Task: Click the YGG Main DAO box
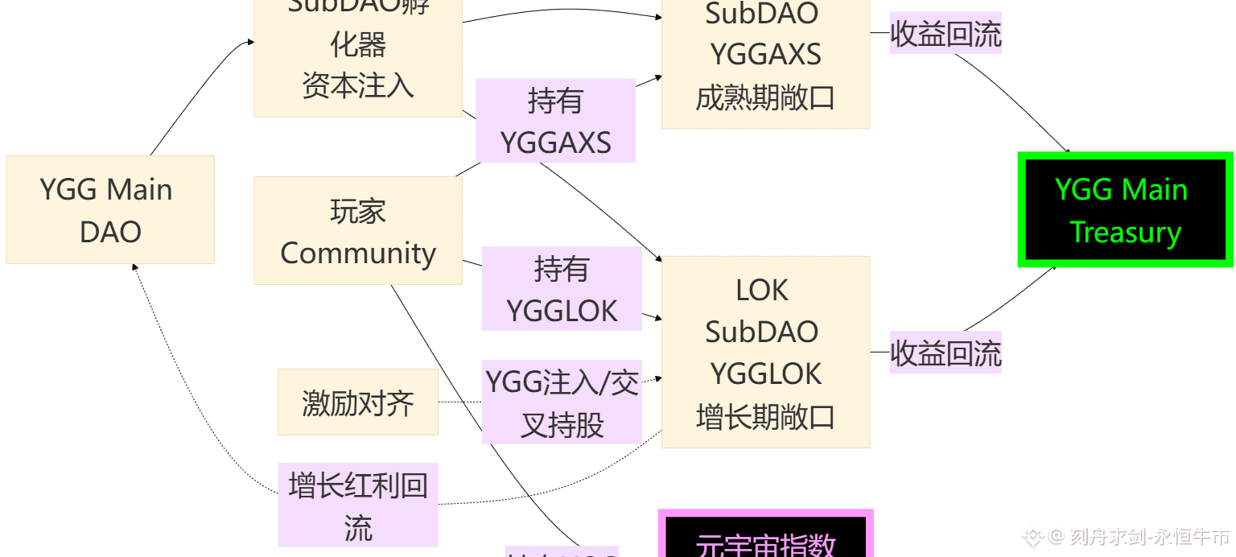(x=110, y=209)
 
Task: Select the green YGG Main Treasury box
(x=1125, y=210)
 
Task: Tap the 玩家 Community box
(x=358, y=231)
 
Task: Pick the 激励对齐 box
(x=358, y=402)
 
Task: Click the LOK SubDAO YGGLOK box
(x=765, y=352)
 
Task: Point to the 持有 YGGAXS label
(x=556, y=121)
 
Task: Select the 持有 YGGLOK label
(x=562, y=289)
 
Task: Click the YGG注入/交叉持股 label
(x=562, y=402)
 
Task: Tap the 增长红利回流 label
(x=358, y=505)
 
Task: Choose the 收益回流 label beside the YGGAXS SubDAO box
(x=946, y=34)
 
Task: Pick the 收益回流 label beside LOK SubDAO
(x=946, y=353)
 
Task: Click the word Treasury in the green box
(x=1125, y=233)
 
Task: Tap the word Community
(x=358, y=253)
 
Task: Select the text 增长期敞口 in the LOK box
(x=765, y=418)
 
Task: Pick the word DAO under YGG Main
(x=110, y=232)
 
